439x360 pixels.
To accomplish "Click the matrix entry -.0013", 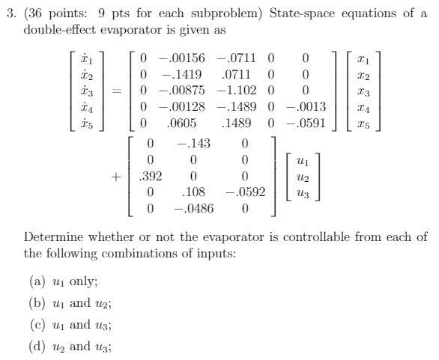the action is (306, 107).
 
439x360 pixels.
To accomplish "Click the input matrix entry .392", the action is (151, 177).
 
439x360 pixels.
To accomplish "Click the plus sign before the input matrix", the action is (116, 177).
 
